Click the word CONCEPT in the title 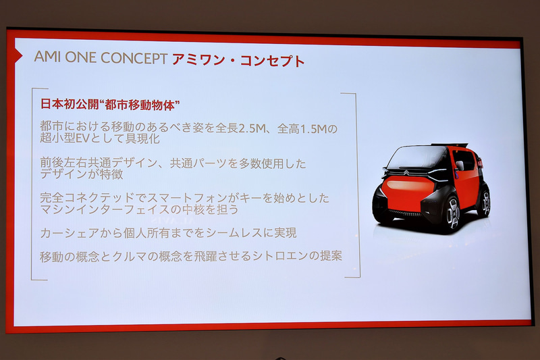tap(133, 58)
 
